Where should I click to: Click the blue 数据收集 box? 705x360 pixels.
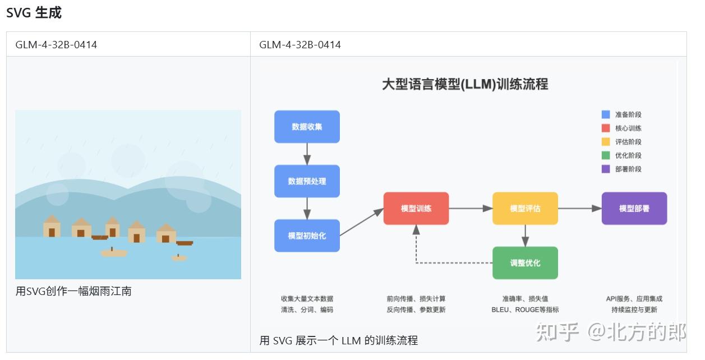coord(307,127)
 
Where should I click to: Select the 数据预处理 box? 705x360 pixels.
coord(307,181)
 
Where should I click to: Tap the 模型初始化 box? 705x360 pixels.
coord(307,236)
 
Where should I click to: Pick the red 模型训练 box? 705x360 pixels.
coord(416,209)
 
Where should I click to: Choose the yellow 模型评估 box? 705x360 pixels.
coord(525,209)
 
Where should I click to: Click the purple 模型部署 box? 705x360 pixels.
coord(634,209)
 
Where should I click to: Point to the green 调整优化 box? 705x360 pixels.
coord(525,263)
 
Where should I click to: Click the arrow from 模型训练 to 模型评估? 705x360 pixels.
coord(471,209)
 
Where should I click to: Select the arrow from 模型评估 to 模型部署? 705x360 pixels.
coord(580,209)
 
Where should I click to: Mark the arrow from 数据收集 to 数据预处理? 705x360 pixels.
coord(307,154)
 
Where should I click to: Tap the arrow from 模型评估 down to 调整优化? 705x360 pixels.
coord(525,236)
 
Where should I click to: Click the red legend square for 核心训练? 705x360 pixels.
coord(606,128)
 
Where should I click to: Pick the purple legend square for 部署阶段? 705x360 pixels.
coord(606,169)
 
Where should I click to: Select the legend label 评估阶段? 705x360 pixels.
coord(628,142)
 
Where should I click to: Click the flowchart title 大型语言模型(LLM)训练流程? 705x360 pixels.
coord(464,85)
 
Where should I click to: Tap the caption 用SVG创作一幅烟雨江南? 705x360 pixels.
coord(73,292)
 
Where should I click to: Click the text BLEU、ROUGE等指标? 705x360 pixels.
coord(525,310)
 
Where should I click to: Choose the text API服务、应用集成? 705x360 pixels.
coord(634,299)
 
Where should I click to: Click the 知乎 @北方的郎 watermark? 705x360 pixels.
coord(611,333)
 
